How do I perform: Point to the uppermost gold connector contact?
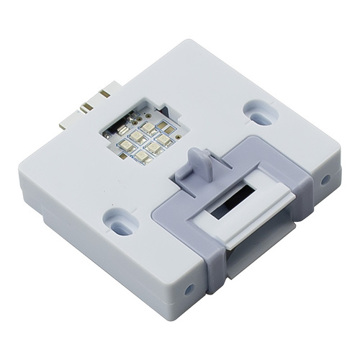(104, 93)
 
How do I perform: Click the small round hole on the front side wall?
(189, 289)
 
